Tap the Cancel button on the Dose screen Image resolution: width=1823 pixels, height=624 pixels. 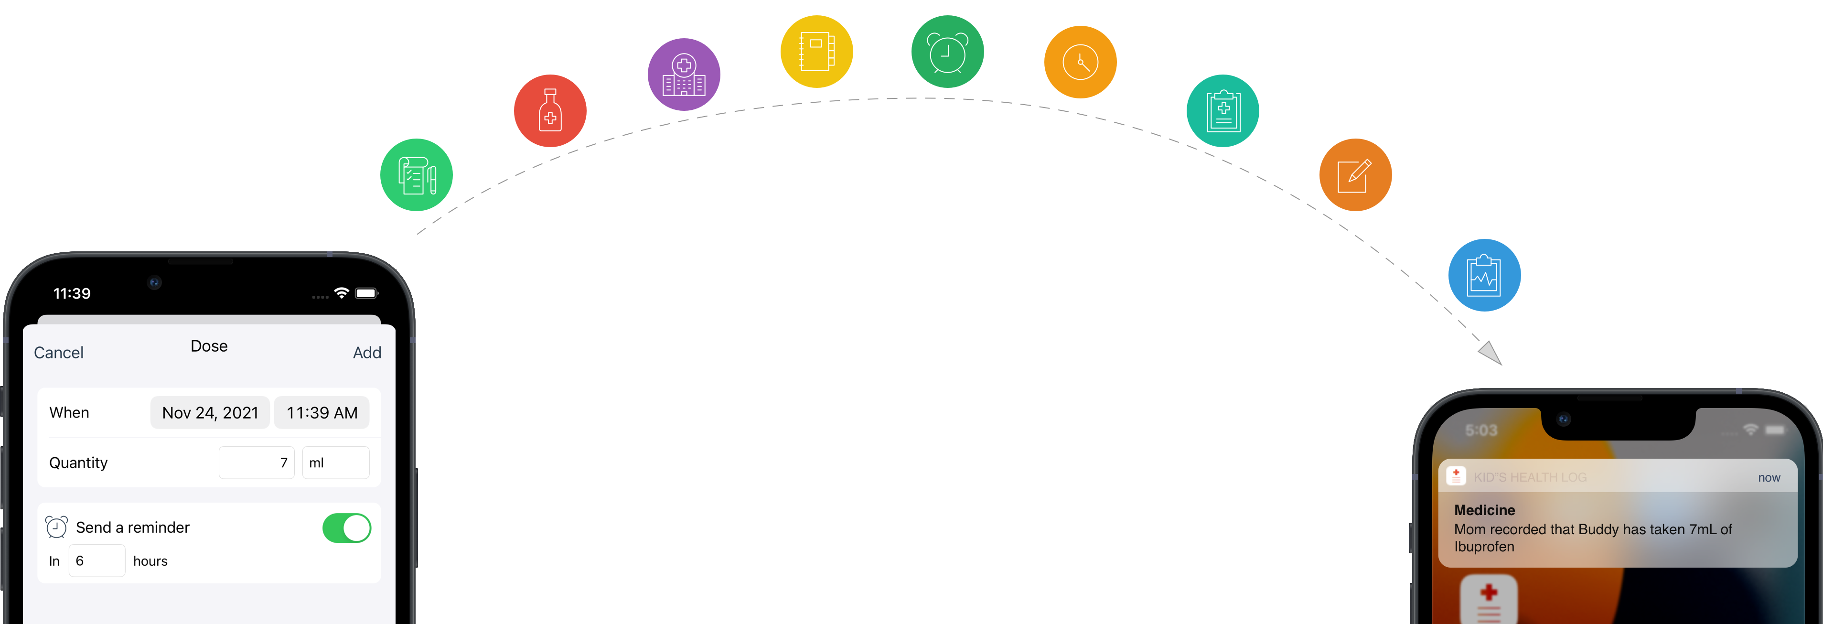click(x=59, y=352)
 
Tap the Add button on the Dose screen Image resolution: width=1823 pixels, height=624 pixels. click(x=366, y=352)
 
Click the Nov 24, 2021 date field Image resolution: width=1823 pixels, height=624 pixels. click(x=210, y=412)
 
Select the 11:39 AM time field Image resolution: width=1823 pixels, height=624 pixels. click(x=322, y=412)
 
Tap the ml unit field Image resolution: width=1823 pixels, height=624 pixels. click(x=335, y=463)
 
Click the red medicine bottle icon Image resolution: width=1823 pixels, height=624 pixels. click(x=550, y=111)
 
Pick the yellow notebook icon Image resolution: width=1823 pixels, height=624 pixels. click(x=816, y=52)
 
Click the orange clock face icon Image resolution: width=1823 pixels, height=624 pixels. click(x=1080, y=62)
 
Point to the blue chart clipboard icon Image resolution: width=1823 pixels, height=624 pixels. click(x=1484, y=275)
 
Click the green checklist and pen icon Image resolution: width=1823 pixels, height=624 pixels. click(x=416, y=175)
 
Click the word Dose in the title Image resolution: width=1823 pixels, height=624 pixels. click(x=209, y=346)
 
